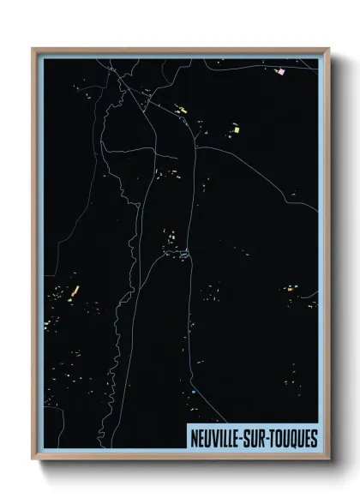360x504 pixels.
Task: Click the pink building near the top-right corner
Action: [x=279, y=72]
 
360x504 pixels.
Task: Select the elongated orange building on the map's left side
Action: [x=75, y=290]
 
